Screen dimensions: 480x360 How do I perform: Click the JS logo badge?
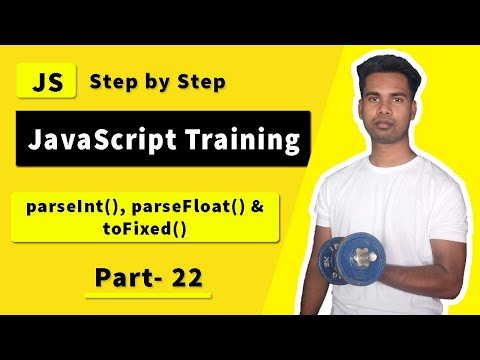click(46, 81)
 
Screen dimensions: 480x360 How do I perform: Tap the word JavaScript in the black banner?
click(102, 140)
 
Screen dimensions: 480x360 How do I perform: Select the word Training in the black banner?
click(243, 139)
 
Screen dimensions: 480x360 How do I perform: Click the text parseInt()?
click(73, 207)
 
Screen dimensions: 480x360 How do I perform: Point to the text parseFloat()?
click(188, 207)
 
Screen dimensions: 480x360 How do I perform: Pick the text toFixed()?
click(144, 229)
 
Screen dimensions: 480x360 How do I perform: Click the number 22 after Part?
click(187, 278)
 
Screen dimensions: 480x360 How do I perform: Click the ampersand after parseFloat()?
click(257, 207)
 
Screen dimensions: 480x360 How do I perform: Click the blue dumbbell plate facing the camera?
click(361, 258)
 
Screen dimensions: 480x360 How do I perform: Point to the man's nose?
click(386, 109)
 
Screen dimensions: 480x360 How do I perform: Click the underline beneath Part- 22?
click(148, 296)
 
